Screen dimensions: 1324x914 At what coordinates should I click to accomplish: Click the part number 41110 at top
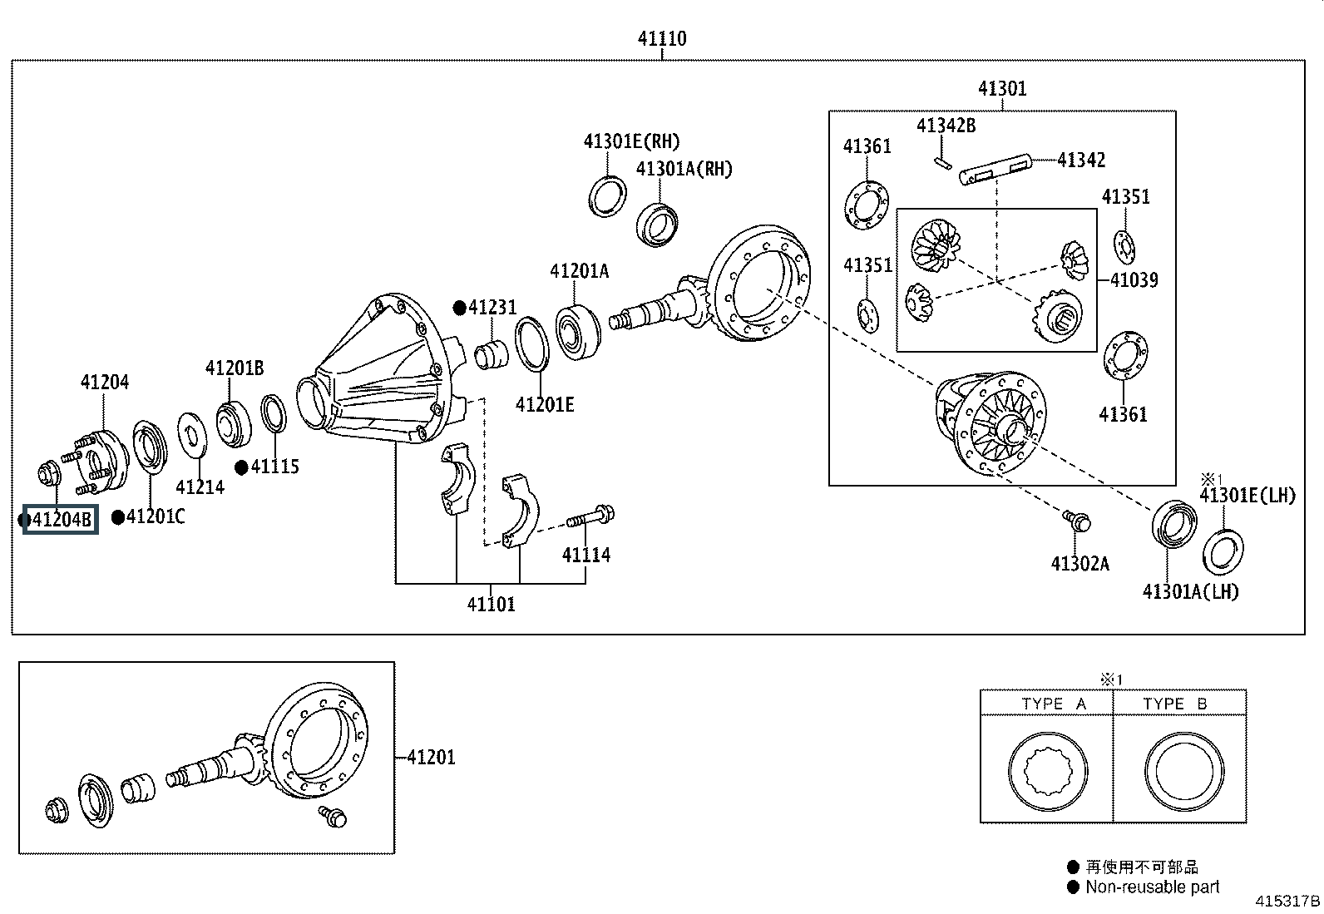click(662, 38)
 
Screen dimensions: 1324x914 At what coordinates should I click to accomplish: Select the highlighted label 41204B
click(61, 520)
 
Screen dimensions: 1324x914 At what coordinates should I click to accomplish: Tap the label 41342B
click(946, 126)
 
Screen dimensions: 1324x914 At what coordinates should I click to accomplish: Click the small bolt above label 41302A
click(1077, 521)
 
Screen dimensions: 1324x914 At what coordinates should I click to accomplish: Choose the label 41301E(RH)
click(631, 141)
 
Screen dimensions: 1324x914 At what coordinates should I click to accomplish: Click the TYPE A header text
click(1054, 704)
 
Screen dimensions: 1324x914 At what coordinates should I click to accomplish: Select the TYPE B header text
click(1174, 704)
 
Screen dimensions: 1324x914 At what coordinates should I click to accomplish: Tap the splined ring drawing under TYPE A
click(1047, 772)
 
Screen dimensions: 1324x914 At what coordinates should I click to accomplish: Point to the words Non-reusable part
click(1152, 887)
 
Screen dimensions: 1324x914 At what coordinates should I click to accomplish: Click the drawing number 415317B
click(1287, 901)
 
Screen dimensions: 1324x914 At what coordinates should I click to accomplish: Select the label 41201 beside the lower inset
click(432, 758)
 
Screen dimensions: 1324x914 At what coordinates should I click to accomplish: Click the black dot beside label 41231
click(459, 308)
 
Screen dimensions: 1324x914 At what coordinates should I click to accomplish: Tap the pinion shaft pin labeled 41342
click(995, 170)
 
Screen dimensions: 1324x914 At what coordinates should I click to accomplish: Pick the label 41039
click(1134, 279)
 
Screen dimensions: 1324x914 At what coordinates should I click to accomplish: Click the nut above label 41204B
click(48, 474)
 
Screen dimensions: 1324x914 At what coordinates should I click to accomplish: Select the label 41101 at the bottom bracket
click(492, 605)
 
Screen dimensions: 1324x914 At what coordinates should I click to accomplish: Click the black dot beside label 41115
click(241, 467)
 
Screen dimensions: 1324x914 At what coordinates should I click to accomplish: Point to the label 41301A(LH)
click(1190, 591)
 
